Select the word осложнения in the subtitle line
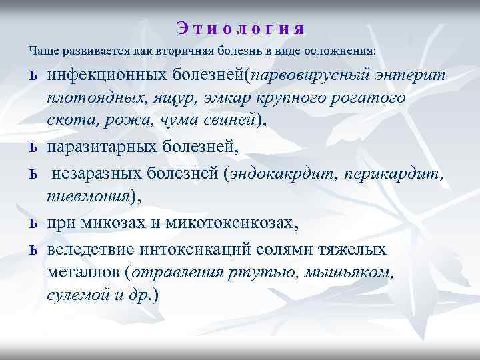[342, 51]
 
